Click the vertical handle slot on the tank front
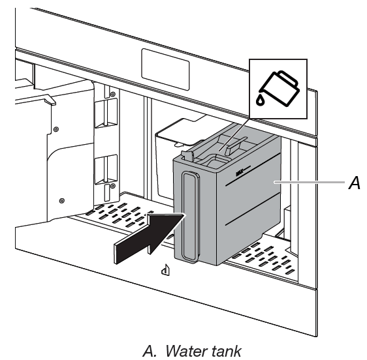[x=190, y=219]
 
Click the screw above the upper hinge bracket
[x=112, y=94]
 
